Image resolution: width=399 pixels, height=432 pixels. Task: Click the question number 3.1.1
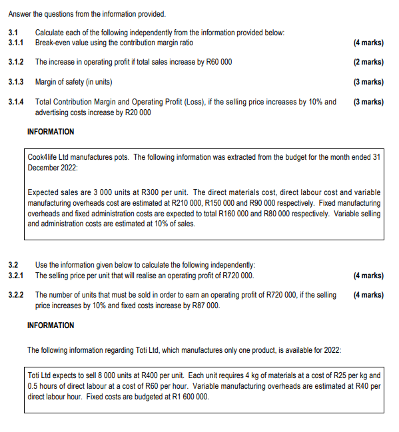15,43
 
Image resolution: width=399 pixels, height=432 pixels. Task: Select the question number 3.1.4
15,103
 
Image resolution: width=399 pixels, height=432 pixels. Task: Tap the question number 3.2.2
15,295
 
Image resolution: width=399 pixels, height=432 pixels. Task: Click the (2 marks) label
368,62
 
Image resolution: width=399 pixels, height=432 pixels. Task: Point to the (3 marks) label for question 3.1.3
368,82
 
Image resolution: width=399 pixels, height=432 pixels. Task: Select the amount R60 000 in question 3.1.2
216,62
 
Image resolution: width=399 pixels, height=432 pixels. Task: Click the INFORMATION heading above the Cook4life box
51,132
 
